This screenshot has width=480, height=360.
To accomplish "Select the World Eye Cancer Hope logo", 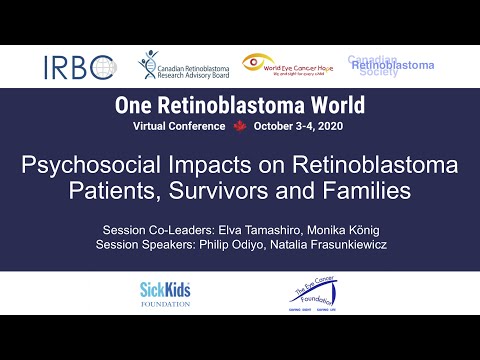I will coord(292,67).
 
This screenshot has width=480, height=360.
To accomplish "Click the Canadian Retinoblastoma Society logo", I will coord(391,66).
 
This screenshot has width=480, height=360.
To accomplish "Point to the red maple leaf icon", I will coord(239,127).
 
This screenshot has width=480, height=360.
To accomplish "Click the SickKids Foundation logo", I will coord(165,293).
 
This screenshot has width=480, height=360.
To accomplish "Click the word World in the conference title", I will coord(326,105).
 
